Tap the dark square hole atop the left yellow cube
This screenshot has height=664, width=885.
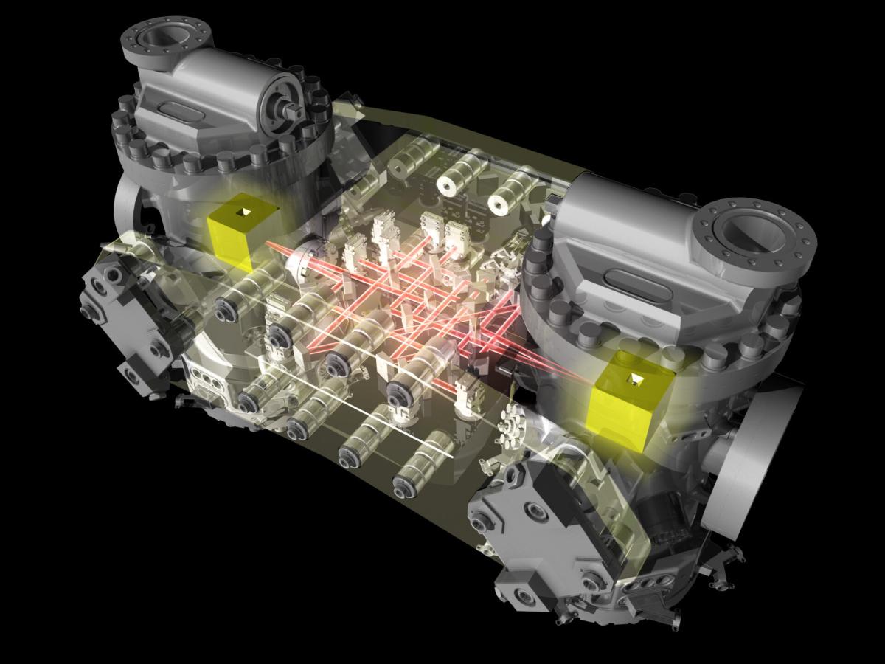(x=243, y=213)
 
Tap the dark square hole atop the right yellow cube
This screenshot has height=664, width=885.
(x=634, y=379)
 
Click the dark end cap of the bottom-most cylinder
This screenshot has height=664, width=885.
(x=403, y=486)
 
